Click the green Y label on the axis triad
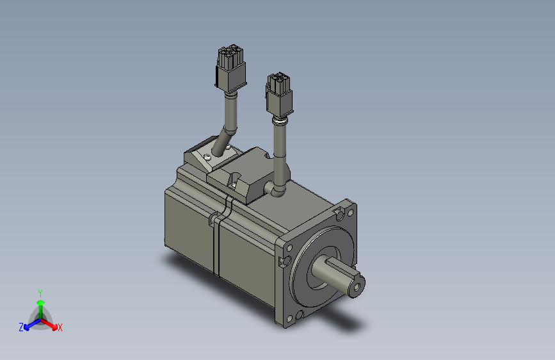click(40, 291)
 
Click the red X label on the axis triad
click(60, 328)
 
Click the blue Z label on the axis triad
click(21, 327)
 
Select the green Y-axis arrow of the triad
click(40, 304)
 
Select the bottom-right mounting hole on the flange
click(299, 315)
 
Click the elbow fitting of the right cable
click(277, 188)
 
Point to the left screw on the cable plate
click(207, 156)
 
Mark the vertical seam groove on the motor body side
click(216, 243)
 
